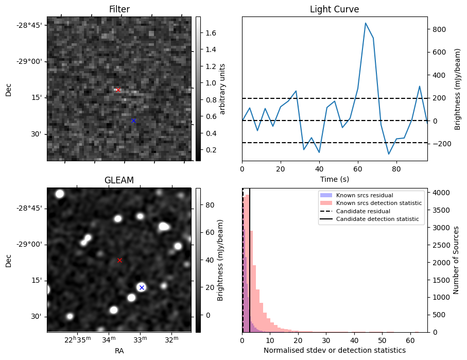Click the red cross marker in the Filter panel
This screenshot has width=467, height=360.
[x=118, y=90]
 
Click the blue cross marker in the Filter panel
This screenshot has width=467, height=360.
[x=133, y=121]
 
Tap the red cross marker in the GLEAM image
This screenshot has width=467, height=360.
[x=119, y=260]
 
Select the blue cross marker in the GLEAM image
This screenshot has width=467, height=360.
[x=142, y=287]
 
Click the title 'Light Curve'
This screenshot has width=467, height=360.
[x=335, y=9]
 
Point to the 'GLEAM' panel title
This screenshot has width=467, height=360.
[x=119, y=180]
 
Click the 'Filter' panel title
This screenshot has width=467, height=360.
[x=119, y=9]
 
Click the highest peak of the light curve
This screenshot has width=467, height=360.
[x=366, y=23]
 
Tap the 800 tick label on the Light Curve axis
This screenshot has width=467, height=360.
[x=437, y=29]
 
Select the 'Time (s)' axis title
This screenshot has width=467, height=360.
[x=335, y=179]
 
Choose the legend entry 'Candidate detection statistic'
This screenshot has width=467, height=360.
[x=369, y=219]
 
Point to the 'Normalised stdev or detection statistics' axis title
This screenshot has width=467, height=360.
[x=335, y=350]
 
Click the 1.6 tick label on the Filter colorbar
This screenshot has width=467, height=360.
[x=211, y=33]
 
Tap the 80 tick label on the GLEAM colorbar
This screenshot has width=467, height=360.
[x=210, y=205]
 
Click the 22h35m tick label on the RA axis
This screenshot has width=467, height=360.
[x=77, y=340]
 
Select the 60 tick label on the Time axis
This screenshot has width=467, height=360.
[x=358, y=169]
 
